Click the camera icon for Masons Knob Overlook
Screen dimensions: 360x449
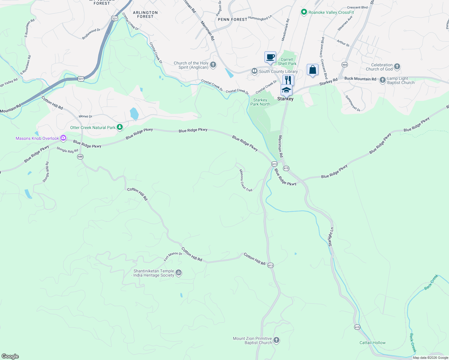tap(63, 138)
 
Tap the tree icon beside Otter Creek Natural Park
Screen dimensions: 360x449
tap(120, 127)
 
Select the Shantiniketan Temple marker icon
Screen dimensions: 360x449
tap(179, 273)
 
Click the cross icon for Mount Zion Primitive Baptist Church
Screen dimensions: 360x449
tap(276, 340)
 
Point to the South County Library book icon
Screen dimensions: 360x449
tap(254, 71)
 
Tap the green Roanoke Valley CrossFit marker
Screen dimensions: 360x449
tap(304, 12)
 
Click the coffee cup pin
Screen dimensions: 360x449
tap(270, 57)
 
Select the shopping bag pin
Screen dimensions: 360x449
tap(312, 70)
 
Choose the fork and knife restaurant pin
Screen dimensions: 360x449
tap(288, 80)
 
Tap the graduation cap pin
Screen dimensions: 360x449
tap(286, 90)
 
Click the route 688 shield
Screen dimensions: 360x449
tap(80, 157)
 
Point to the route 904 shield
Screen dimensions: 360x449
tap(345, 64)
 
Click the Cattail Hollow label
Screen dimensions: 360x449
tap(372, 343)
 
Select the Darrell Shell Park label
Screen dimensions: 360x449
tap(287, 61)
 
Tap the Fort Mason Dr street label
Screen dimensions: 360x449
tap(173, 256)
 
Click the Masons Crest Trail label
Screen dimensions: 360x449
tap(246, 180)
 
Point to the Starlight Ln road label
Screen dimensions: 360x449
tap(331, 237)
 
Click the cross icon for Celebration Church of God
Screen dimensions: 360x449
tap(397, 67)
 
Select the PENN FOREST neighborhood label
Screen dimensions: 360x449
tap(232, 19)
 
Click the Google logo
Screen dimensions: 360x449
tap(10, 356)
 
